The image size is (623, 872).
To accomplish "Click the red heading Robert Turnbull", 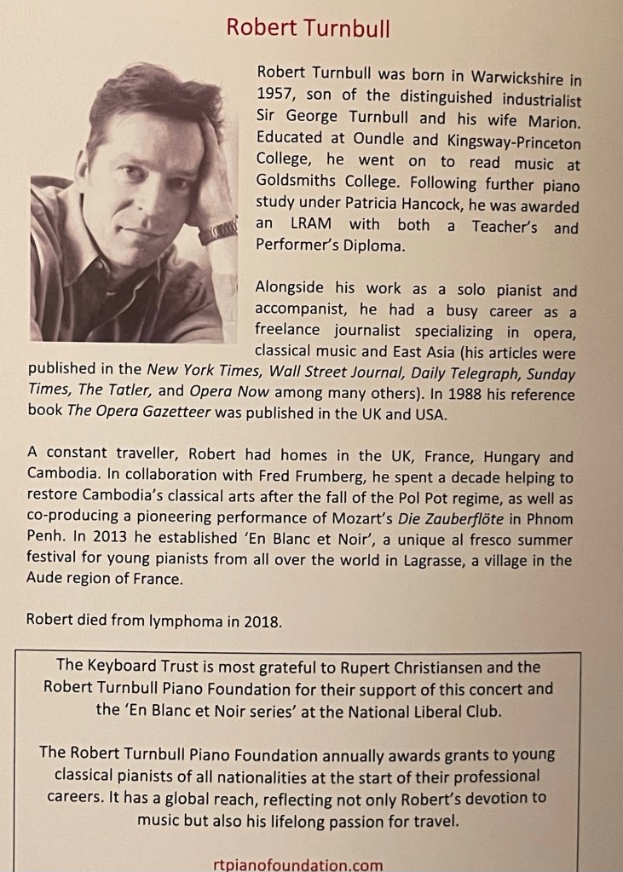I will tap(308, 28).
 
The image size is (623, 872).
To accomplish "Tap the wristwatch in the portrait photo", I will tap(218, 230).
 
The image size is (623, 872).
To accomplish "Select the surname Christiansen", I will tap(460, 667).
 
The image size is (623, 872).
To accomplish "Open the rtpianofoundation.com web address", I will tap(297, 863).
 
